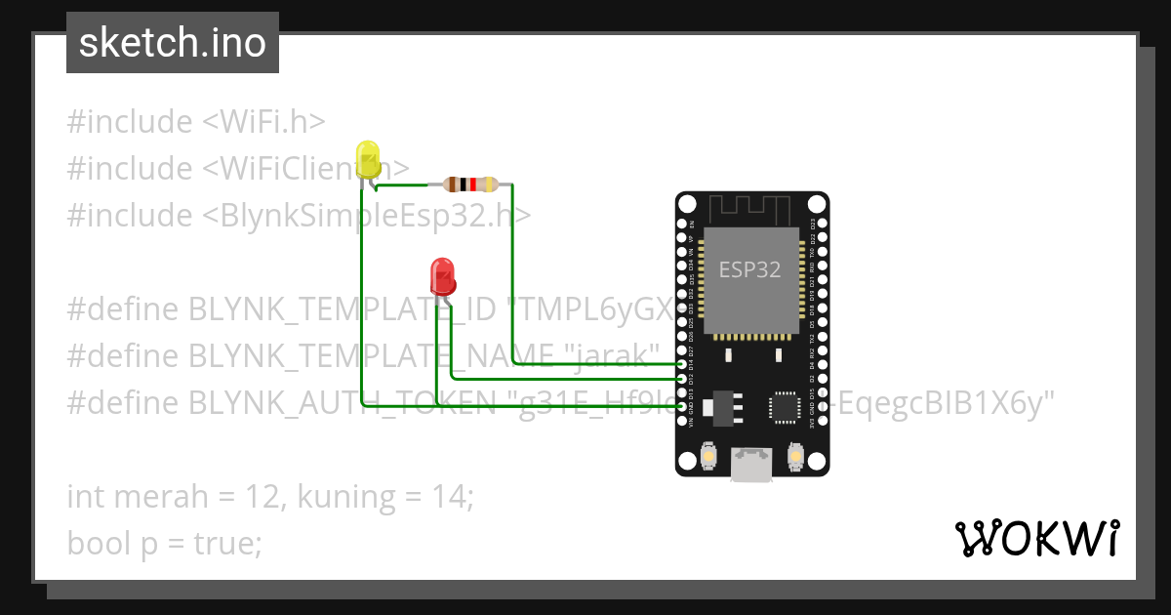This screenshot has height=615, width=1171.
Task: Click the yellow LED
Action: (368, 159)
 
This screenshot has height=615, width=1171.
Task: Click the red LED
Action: (442, 275)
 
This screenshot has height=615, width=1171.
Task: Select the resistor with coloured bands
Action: (470, 184)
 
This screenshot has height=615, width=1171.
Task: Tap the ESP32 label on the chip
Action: (749, 270)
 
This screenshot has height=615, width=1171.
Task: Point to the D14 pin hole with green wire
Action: (682, 363)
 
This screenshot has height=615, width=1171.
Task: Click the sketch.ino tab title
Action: (173, 43)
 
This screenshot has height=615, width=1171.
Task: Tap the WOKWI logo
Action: (1036, 538)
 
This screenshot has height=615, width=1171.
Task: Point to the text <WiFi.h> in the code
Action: (263, 122)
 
